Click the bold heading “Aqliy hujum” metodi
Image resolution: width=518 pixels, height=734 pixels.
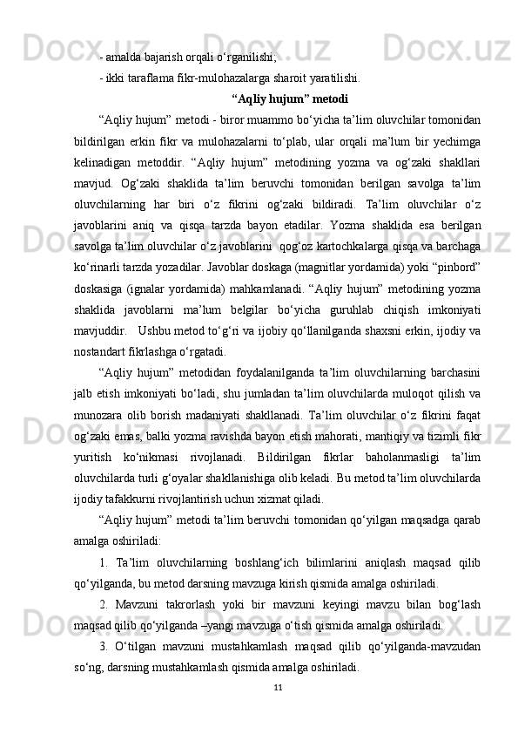click(x=291, y=98)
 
